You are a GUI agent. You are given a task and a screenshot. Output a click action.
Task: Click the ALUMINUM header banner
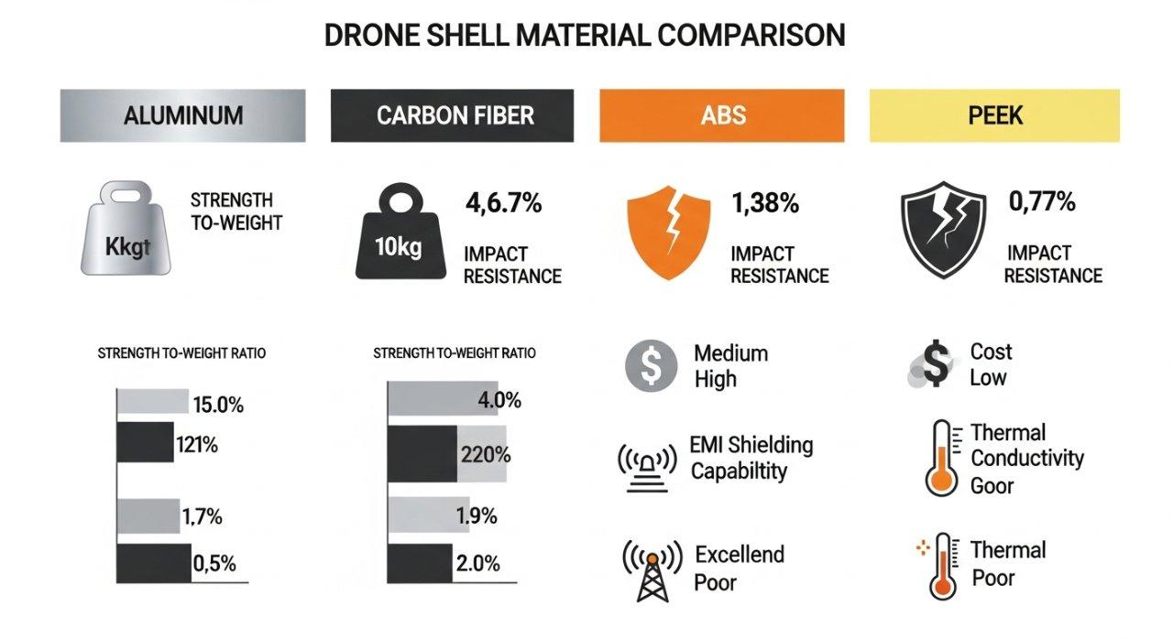click(183, 115)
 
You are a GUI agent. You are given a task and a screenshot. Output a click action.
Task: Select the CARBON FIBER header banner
click(452, 115)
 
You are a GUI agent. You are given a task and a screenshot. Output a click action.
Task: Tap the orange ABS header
click(722, 115)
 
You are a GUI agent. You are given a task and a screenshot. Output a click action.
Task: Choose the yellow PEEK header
click(994, 115)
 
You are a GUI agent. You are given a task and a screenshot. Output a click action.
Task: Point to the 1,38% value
click(765, 203)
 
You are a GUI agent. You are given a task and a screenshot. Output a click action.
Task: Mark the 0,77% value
click(1041, 201)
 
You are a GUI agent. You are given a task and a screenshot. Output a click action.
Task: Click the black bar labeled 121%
click(145, 442)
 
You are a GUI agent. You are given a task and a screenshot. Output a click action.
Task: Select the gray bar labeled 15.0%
click(153, 401)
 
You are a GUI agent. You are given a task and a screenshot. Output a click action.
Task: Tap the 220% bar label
click(487, 454)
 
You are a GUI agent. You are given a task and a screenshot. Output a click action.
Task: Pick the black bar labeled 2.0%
click(421, 563)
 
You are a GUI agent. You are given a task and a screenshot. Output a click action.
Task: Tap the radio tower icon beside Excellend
click(652, 569)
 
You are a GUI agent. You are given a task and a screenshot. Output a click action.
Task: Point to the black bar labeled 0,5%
click(153, 563)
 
